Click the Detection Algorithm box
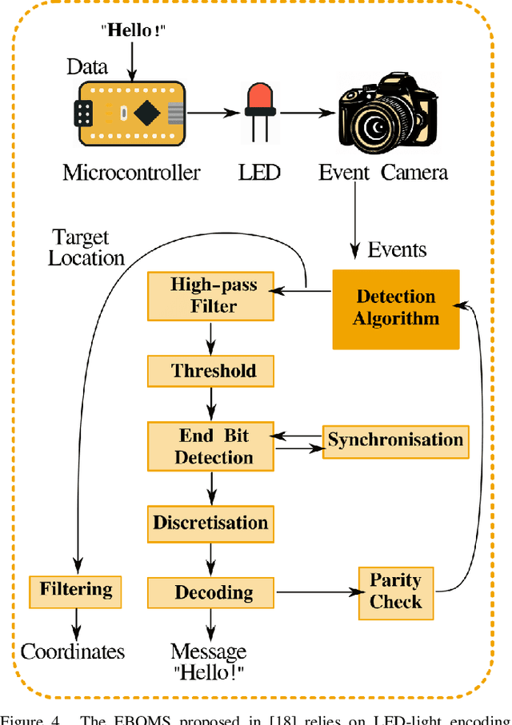pyautogui.click(x=396, y=309)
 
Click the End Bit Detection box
pyautogui.click(x=210, y=447)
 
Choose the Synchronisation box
pyautogui.click(x=395, y=440)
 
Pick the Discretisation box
pyautogui.click(x=210, y=523)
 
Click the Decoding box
pyautogui.click(x=210, y=592)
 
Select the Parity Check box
pyautogui.click(x=395, y=591)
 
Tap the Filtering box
pyautogui.click(x=77, y=590)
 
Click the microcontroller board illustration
pyautogui.click(x=131, y=114)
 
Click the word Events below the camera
pyautogui.click(x=398, y=250)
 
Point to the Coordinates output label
pyautogui.click(x=73, y=651)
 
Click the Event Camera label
pyautogui.click(x=383, y=172)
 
